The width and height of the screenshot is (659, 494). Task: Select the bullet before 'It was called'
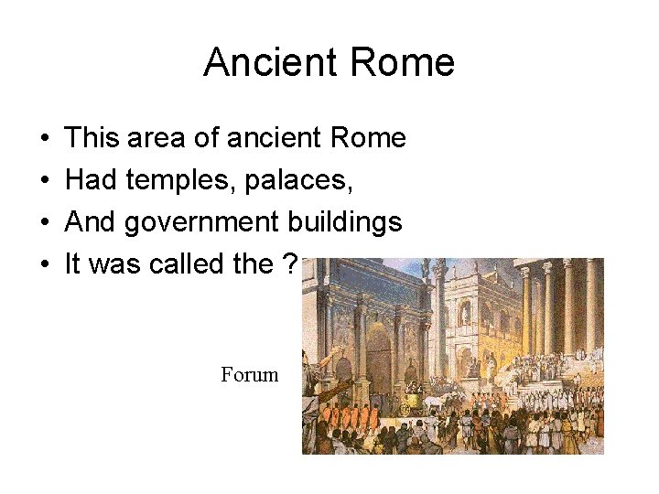pos(45,266)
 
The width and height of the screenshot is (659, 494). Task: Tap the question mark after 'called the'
pos(290,265)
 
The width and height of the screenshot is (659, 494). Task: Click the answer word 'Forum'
pos(249,374)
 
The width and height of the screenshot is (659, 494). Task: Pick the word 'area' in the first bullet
pos(147,139)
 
